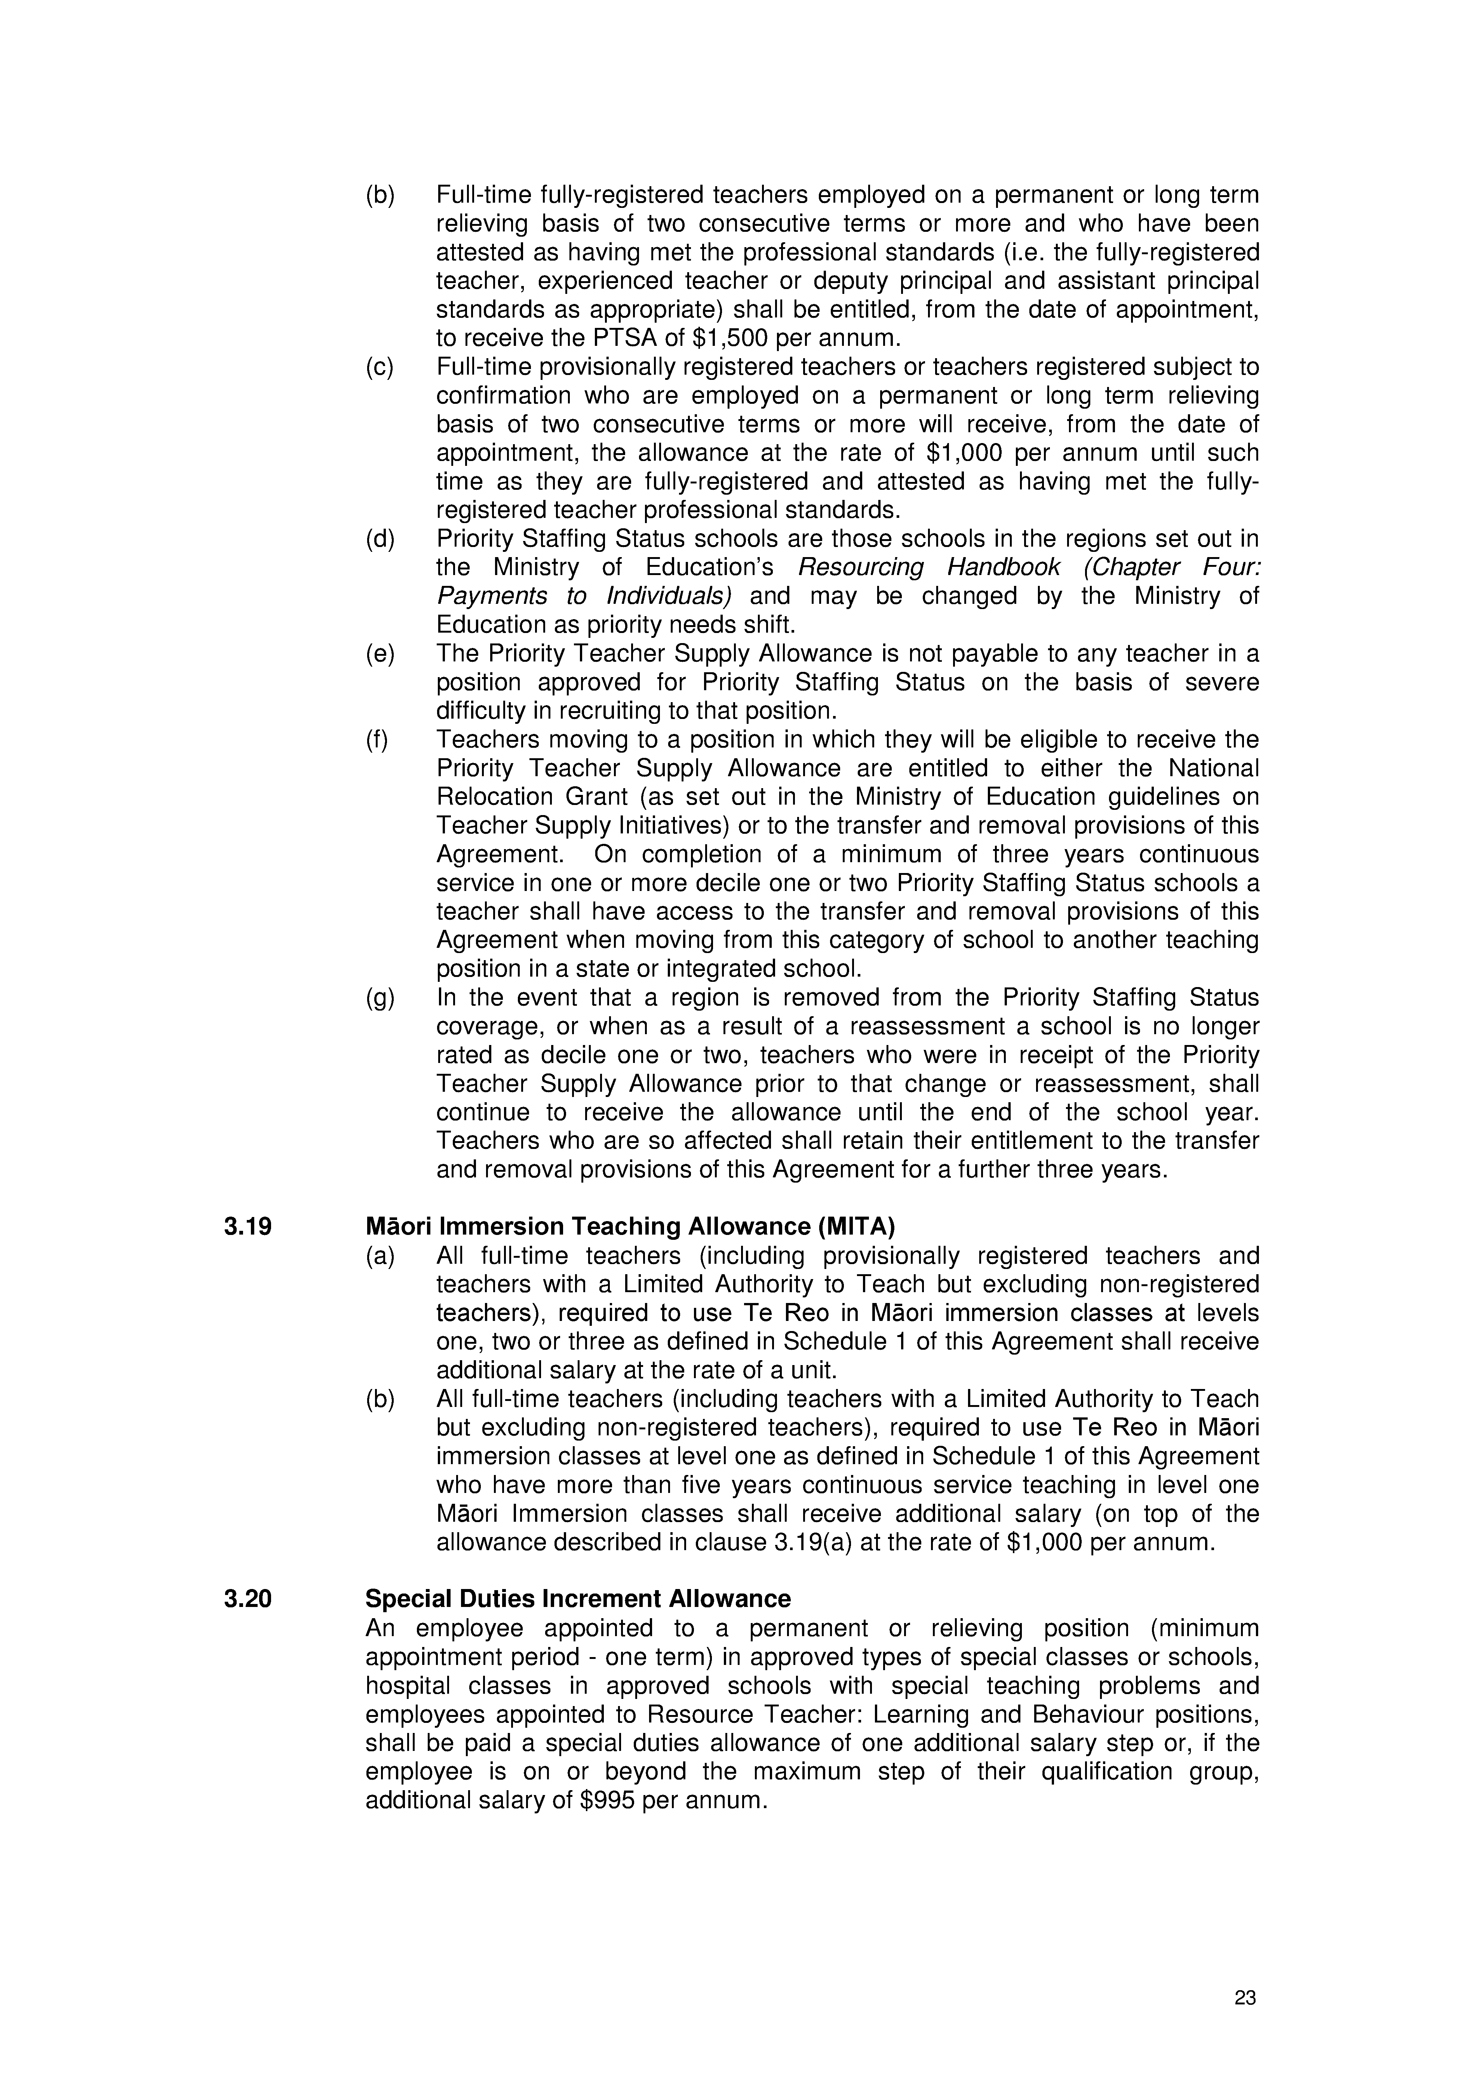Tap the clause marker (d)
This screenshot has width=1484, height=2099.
click(380, 540)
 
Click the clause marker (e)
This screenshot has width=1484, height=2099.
click(380, 655)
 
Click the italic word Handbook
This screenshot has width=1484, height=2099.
click(1003, 568)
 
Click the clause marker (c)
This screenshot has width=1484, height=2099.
click(380, 368)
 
